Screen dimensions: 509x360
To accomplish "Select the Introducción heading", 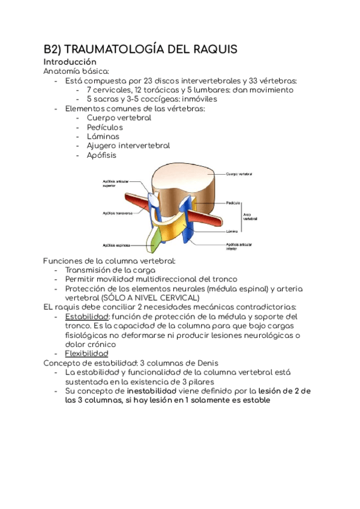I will pyautogui.click(x=70, y=62).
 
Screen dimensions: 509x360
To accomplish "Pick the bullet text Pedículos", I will pyautogui.click(x=104, y=127).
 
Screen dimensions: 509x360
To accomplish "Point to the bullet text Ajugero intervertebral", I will pyautogui.click(x=128, y=145).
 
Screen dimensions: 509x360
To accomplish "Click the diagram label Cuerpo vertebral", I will pyautogui.click(x=239, y=174).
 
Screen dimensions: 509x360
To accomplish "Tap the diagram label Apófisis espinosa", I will pyautogui.click(x=116, y=245).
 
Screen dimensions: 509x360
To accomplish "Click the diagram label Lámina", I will pyautogui.click(x=233, y=230).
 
